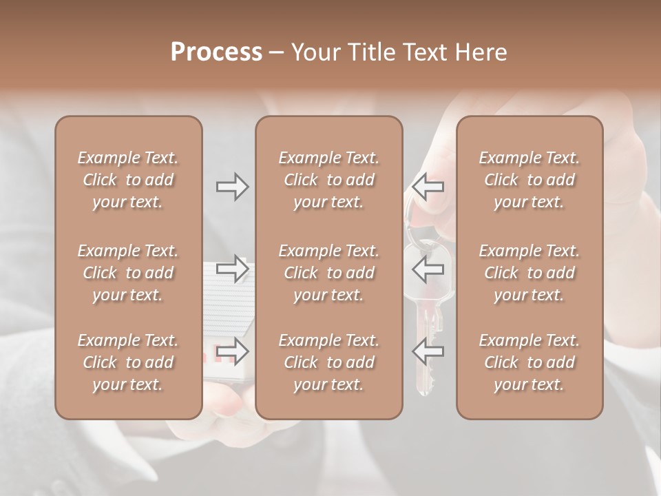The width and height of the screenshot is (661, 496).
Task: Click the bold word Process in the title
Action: pos(216,52)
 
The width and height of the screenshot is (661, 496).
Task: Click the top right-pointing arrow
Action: pos(233,187)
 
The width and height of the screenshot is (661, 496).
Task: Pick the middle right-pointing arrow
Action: pos(233,269)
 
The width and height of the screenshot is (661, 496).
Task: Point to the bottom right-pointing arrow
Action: pos(233,351)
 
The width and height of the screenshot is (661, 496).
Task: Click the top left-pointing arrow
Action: pos(428,187)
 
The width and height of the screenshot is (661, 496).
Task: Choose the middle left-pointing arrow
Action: pos(428,269)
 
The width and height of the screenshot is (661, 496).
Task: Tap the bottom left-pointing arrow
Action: pos(428,351)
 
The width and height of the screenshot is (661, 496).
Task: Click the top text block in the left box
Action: pos(128,180)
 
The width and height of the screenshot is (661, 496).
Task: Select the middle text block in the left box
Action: pos(128,273)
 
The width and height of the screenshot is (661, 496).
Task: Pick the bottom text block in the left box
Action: pos(128,362)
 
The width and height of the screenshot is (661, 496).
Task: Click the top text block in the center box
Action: pos(329,180)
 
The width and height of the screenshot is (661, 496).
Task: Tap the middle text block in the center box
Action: pos(329,273)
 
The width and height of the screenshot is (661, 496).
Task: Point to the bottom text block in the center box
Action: pos(329,362)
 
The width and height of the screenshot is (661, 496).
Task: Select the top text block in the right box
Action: pos(529,180)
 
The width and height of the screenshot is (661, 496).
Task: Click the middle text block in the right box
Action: pos(529,273)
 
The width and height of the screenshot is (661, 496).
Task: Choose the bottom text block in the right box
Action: pos(529,362)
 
